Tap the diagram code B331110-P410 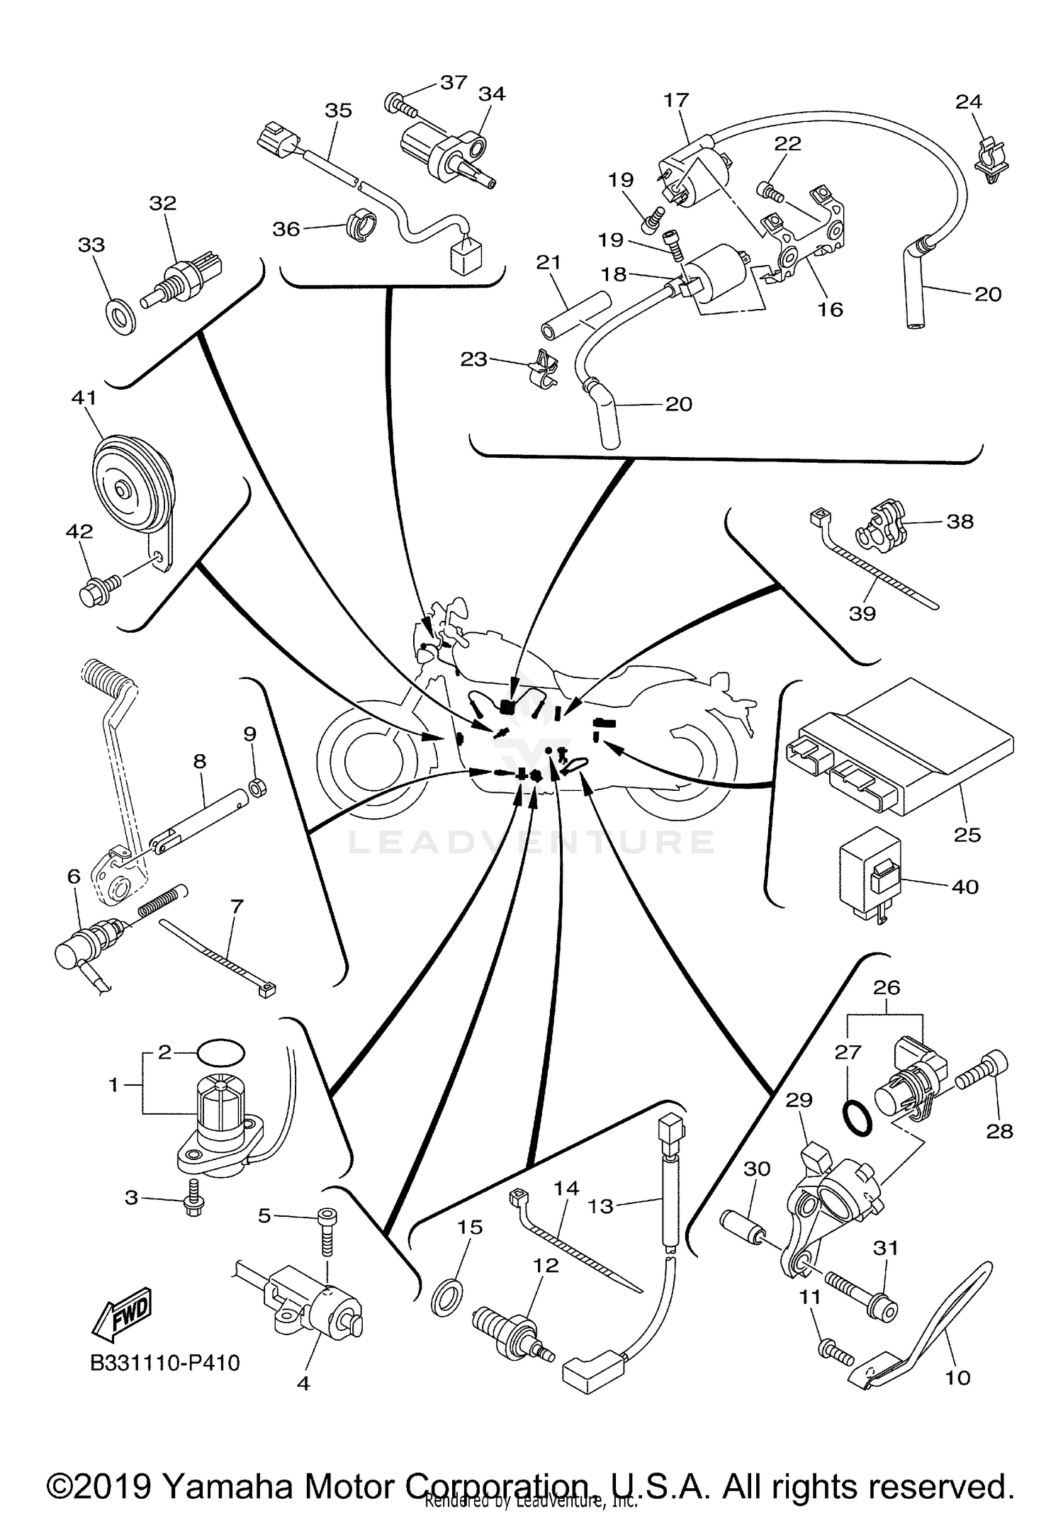tap(165, 1363)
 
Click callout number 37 tap(454, 83)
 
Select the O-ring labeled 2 tap(220, 1052)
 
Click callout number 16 tap(830, 310)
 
